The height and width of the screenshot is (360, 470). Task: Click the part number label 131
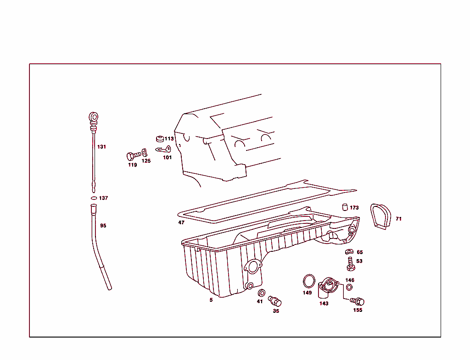click(101, 147)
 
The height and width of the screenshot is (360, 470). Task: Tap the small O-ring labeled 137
click(94, 198)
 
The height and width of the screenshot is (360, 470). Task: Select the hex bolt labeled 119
click(134, 156)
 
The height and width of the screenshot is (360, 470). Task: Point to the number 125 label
click(146, 161)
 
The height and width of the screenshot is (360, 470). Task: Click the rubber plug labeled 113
click(160, 138)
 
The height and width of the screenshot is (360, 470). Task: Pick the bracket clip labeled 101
click(163, 149)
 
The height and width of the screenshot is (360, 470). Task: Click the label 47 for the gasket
click(181, 222)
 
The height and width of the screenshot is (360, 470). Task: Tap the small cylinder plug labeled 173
click(345, 207)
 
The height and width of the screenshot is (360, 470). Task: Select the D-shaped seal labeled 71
click(380, 216)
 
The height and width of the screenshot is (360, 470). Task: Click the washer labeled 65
click(349, 252)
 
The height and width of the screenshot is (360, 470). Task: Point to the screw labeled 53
click(350, 264)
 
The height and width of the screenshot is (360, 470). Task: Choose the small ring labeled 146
click(349, 288)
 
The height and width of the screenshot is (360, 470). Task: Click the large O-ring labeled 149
click(309, 282)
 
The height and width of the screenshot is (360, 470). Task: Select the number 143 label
click(324, 304)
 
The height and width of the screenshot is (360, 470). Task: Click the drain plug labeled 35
click(274, 301)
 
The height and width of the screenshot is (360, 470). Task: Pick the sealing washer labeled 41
click(261, 293)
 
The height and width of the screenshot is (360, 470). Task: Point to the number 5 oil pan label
click(211, 300)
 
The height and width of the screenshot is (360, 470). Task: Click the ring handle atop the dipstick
click(94, 117)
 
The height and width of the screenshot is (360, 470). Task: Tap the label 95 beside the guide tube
click(103, 226)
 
